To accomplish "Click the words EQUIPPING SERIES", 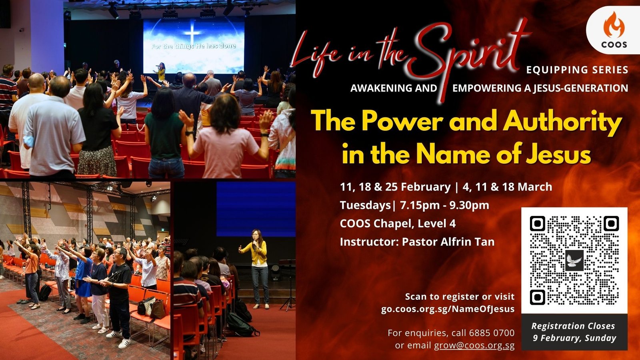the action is pyautogui.click(x=577, y=70).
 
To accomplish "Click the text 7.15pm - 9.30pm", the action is pyautogui.click(x=444, y=205).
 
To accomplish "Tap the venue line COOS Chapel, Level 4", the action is pyautogui.click(x=398, y=224).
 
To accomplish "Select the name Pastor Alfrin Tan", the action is pyautogui.click(x=448, y=242).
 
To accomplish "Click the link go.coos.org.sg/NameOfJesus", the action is pyautogui.click(x=448, y=309).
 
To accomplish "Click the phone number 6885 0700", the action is pyautogui.click(x=492, y=333).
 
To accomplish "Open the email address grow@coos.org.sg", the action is pyautogui.click(x=474, y=346).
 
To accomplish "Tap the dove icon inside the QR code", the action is pyautogui.click(x=574, y=260).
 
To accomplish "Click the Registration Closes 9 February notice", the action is pyautogui.click(x=574, y=332).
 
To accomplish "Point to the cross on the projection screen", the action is pyautogui.click(x=192, y=32).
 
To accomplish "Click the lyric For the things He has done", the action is pyautogui.click(x=194, y=46).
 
